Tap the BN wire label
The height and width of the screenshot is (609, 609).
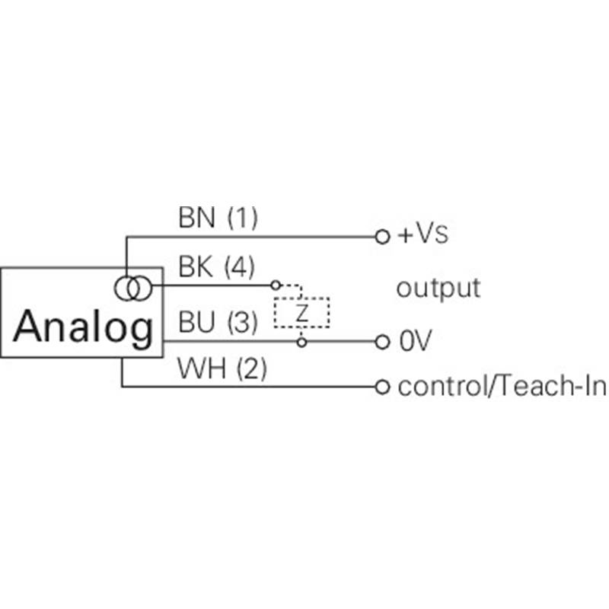[x=196, y=218]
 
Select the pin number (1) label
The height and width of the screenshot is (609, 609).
[x=242, y=218]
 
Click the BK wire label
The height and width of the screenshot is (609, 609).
[x=196, y=267]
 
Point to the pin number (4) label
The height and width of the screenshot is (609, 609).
[x=240, y=267]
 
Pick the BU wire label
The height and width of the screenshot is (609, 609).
[x=196, y=322]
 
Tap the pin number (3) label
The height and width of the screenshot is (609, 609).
[x=242, y=322]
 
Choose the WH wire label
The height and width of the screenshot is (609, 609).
[x=202, y=368]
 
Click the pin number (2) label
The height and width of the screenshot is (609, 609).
[x=252, y=368]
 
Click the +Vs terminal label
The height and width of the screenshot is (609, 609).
[x=423, y=234]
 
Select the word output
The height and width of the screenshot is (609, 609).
[x=438, y=289]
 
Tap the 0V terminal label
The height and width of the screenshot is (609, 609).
[x=415, y=341]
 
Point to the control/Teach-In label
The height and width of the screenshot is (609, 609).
[x=502, y=387]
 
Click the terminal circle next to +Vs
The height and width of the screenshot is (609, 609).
[x=382, y=237]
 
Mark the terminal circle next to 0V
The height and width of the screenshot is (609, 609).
[x=382, y=342]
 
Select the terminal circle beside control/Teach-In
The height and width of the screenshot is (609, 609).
[x=382, y=387]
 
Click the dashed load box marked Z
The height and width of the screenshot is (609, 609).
[x=301, y=313]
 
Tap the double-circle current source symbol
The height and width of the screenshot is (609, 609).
[x=132, y=289]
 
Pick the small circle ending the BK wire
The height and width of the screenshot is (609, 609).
[x=276, y=285]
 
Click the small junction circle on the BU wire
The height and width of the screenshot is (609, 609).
[x=301, y=342]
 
